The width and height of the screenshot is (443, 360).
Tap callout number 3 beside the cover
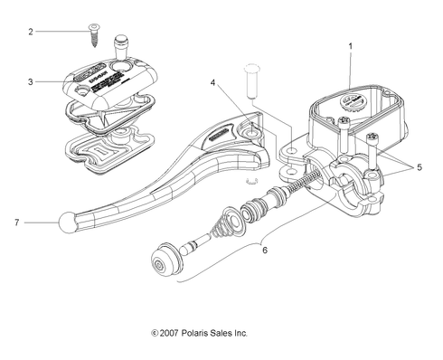coord(30,82)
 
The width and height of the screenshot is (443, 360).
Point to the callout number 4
coord(213,85)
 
